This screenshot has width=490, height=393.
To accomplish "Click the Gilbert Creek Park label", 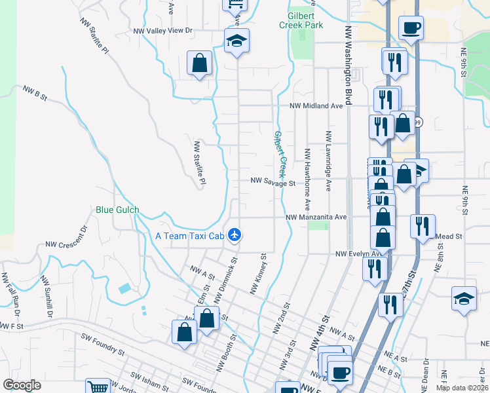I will (301, 20).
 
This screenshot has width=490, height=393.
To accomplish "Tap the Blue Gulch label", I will (118, 210).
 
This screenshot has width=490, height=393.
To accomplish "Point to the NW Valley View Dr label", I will (162, 31).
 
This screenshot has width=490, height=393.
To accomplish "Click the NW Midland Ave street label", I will (317, 105).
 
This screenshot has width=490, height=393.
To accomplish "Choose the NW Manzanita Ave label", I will (315, 217).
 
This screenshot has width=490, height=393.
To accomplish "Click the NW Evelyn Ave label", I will (358, 254).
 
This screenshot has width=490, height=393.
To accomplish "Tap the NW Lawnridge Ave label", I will (327, 160).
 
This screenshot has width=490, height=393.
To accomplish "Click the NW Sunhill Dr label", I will (46, 298).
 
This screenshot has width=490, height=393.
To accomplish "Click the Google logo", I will (22, 385).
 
